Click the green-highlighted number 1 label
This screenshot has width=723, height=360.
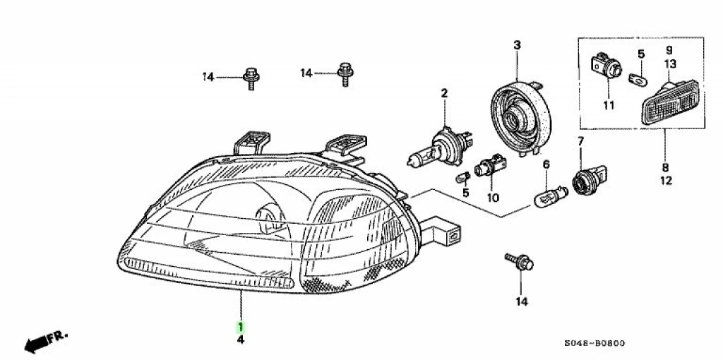(x=241, y=327)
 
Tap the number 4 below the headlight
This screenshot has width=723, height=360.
(x=241, y=340)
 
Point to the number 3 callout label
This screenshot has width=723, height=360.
(x=517, y=46)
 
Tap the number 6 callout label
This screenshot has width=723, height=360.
(x=545, y=164)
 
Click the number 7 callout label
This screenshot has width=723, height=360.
(x=580, y=141)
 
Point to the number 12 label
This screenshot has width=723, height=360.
(x=666, y=181)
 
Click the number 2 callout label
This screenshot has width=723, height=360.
(x=445, y=93)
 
